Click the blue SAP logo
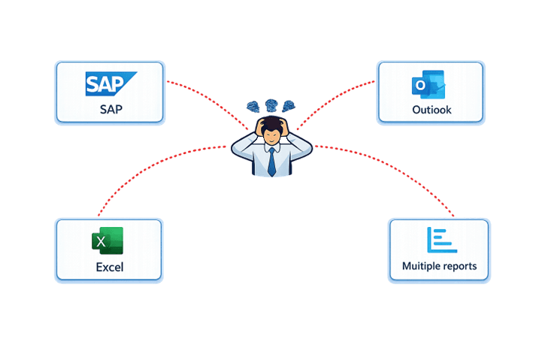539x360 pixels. coord(110,84)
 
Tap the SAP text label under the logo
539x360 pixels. coord(110,109)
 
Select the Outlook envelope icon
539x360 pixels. coord(429,86)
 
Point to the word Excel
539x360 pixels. coord(109,267)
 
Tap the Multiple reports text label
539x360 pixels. coord(439,266)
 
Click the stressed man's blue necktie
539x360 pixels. coord(271,161)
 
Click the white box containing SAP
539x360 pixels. coord(110,92)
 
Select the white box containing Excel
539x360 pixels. coord(109,250)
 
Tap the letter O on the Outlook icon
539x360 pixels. coord(419,87)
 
